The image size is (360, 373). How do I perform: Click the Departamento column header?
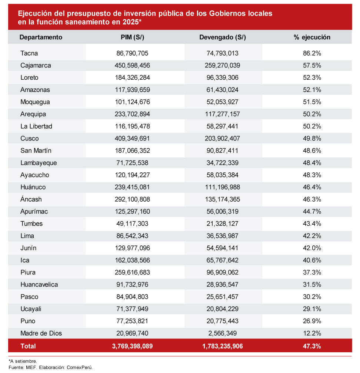(x=41, y=37)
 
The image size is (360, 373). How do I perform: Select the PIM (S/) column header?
(x=132, y=37)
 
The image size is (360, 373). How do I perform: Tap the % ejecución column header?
(x=311, y=37)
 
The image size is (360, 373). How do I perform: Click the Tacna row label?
(x=29, y=53)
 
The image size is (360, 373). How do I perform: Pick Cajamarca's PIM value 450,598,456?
(x=133, y=66)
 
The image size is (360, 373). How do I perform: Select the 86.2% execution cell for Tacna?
(x=311, y=53)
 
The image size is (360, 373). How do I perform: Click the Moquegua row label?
(x=35, y=102)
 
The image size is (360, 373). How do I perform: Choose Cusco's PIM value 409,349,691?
(x=133, y=139)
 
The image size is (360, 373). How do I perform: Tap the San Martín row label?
(x=36, y=151)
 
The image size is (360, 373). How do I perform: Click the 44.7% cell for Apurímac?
(x=311, y=212)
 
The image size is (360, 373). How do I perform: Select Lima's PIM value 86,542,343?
(x=133, y=236)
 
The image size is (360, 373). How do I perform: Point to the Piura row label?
(x=28, y=273)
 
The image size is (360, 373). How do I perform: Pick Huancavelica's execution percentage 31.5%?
(x=311, y=285)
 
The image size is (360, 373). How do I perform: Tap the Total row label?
(x=28, y=346)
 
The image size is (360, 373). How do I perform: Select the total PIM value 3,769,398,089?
(x=132, y=346)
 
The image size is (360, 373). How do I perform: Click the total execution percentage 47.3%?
(x=311, y=346)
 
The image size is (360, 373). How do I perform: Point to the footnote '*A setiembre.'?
(x=23, y=361)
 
